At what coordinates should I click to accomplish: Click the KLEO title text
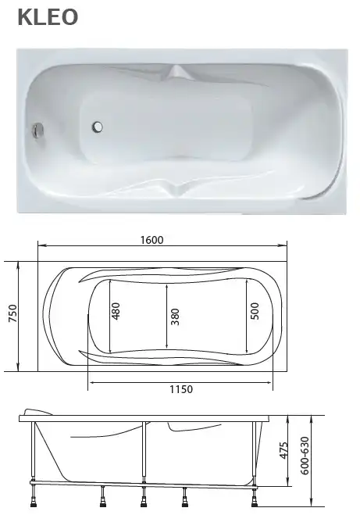[48, 17]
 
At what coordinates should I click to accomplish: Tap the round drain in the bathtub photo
[99, 125]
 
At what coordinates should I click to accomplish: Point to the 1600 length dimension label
[152, 240]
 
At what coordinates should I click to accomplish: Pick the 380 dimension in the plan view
[175, 316]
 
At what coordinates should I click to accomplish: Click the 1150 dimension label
[180, 389]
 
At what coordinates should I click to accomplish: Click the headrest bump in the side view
[37, 412]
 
